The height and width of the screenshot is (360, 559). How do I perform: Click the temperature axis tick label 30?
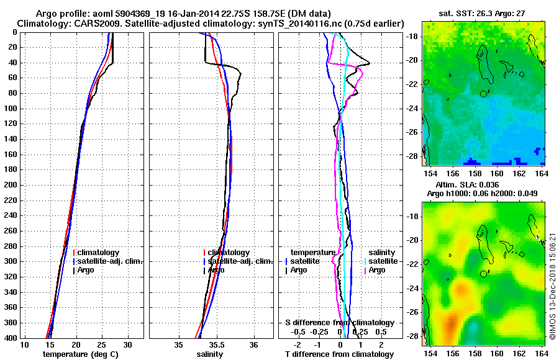point(128,344)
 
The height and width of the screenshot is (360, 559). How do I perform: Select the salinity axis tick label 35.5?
point(216,344)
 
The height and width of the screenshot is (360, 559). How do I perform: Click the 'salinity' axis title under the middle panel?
point(210,354)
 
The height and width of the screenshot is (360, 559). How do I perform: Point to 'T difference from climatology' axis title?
point(339,354)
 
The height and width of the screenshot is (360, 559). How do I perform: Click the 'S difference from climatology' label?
point(339,323)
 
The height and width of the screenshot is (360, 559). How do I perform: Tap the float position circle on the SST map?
point(483,94)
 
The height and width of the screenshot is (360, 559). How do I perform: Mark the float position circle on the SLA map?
point(483,274)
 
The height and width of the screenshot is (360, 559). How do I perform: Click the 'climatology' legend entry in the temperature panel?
point(99,253)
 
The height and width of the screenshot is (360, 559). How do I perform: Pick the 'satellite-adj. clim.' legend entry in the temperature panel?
point(109,261)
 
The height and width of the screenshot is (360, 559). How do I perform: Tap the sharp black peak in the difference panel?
point(370,63)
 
